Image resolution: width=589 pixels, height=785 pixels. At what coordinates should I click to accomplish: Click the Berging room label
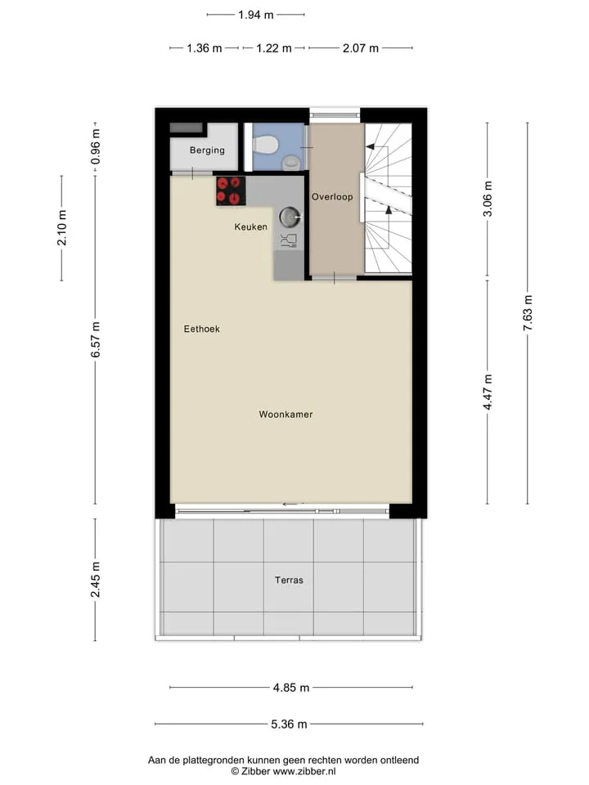(x=207, y=150)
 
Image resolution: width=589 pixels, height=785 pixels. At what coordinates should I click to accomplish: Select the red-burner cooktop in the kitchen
(x=231, y=191)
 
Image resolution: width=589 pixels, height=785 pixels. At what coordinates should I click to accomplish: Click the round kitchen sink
(x=289, y=217)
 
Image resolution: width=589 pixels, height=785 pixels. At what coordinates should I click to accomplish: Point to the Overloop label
(x=332, y=197)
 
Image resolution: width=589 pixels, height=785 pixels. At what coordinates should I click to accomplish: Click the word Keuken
(x=250, y=227)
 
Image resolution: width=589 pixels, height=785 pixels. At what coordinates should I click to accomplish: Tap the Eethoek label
(x=201, y=329)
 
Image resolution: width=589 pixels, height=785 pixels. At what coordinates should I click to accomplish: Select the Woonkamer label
(x=286, y=415)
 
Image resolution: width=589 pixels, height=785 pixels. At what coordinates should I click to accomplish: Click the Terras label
(x=289, y=581)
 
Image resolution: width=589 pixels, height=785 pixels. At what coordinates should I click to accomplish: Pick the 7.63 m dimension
(x=528, y=313)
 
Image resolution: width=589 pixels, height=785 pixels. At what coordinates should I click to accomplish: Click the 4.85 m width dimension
(x=291, y=688)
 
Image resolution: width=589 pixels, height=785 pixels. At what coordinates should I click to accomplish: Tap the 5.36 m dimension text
(x=289, y=724)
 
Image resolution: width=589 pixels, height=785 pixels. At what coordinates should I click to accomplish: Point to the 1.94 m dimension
(x=255, y=15)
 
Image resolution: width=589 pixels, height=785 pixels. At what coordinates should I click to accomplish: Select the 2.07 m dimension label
(x=361, y=48)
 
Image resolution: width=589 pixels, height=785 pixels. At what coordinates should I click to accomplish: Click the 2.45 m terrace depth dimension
(x=95, y=580)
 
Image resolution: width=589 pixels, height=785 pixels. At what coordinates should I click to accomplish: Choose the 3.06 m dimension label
(x=488, y=199)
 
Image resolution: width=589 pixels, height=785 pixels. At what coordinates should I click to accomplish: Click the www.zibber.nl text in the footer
(x=304, y=771)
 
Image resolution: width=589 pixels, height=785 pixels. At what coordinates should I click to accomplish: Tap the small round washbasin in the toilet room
(x=291, y=162)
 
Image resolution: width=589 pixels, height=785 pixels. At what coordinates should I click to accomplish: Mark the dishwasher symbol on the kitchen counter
(x=289, y=240)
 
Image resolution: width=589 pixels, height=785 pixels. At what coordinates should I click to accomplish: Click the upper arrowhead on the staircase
(x=370, y=146)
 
